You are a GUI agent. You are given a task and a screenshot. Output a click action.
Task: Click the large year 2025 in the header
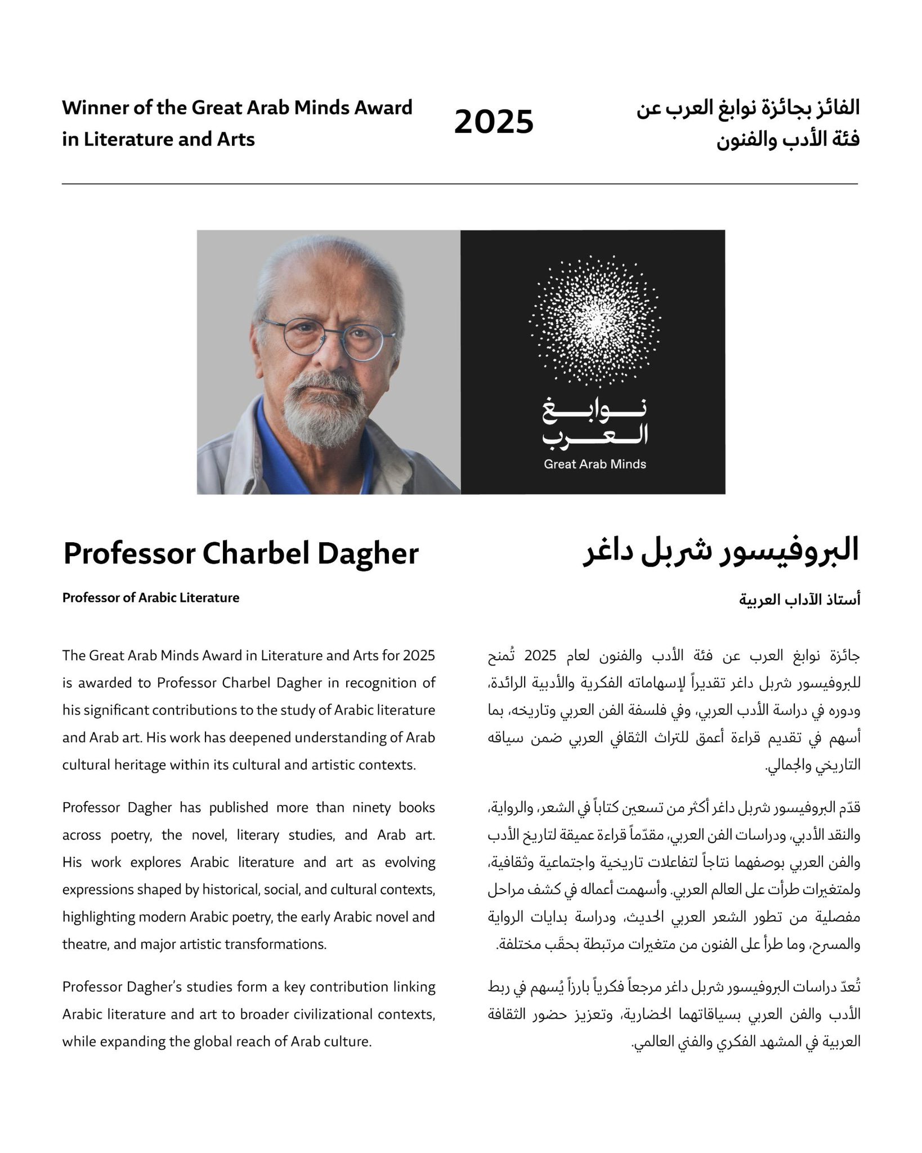click(x=494, y=122)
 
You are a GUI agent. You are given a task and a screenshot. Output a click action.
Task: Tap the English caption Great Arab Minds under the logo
click(x=595, y=464)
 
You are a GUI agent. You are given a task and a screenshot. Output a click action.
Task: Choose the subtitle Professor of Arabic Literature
click(x=151, y=598)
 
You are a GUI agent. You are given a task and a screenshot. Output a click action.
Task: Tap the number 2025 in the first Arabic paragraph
click(x=540, y=656)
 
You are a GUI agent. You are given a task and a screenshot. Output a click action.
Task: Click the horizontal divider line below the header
click(x=460, y=184)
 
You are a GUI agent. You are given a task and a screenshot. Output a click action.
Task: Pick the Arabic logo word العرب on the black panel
click(x=595, y=435)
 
